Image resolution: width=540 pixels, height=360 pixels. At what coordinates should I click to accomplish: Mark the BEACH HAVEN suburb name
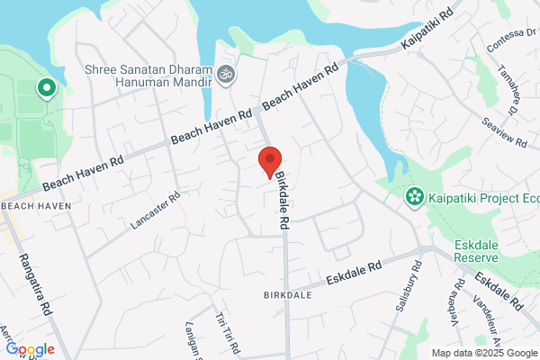36,207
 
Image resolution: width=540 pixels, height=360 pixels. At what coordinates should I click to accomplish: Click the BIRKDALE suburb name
287,295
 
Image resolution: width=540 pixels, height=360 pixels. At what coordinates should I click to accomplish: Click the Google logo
30,349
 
